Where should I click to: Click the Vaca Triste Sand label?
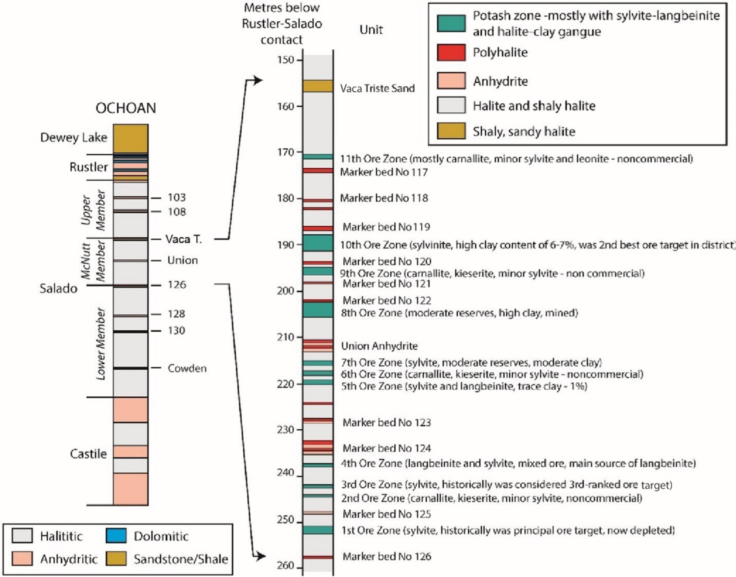tap(377, 88)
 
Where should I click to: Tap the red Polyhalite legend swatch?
tap(451, 52)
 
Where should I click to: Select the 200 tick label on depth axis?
tap(286, 291)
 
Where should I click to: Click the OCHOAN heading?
tap(126, 108)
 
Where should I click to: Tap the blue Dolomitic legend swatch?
tap(116, 536)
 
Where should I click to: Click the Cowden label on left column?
tap(187, 368)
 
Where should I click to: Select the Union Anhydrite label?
tap(379, 346)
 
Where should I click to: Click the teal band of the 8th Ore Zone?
tap(318, 310)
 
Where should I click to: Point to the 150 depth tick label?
tap(286, 60)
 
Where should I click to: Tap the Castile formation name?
tap(88, 454)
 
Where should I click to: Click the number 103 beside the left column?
tap(177, 197)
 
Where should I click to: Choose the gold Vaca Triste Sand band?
tap(318, 86)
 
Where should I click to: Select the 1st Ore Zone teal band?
tap(318, 530)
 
